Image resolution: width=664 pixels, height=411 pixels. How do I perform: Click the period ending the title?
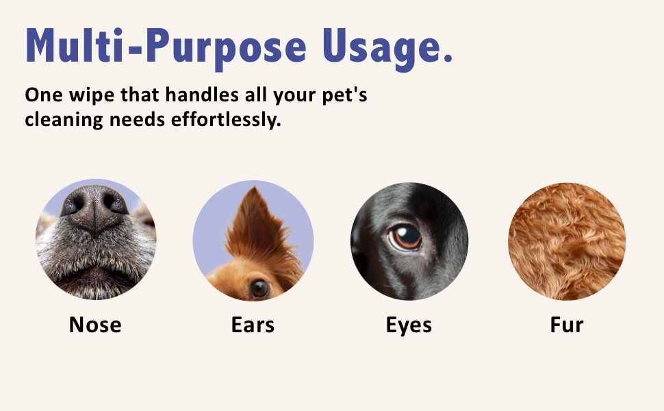(x=448, y=59)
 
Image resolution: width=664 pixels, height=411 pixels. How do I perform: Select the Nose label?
(x=95, y=324)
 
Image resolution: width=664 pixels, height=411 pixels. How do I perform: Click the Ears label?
(x=253, y=324)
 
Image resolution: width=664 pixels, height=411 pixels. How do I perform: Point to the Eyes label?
(x=409, y=324)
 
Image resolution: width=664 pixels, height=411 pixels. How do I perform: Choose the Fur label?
(x=566, y=324)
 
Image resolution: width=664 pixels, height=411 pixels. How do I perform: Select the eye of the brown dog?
(x=259, y=288)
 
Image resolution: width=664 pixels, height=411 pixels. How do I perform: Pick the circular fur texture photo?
(x=566, y=241)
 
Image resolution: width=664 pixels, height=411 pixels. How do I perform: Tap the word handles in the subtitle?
(x=197, y=95)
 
